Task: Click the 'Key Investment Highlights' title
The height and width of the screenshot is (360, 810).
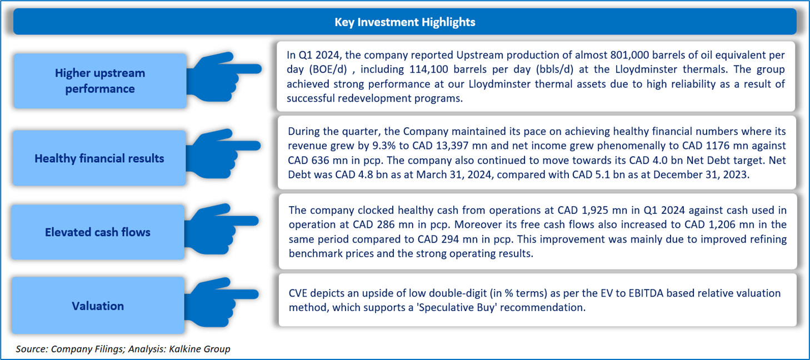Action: [404, 22]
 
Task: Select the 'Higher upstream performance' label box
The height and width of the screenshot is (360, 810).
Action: [100, 81]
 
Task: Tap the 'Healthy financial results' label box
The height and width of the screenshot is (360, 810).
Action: [99, 158]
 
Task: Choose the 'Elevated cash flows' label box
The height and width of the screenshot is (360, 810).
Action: [98, 232]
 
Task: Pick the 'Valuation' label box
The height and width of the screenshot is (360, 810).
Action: [98, 306]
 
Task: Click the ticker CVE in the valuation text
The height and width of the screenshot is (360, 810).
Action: [298, 293]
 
